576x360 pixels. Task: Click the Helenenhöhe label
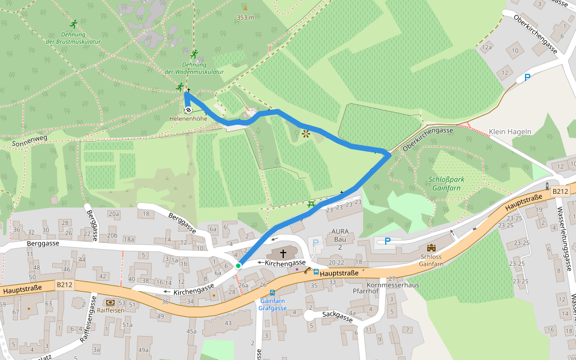pos(188,119)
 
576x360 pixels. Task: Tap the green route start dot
pos(238,265)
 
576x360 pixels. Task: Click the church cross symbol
pos(283,253)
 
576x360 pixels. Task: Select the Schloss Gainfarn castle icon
pos(431,247)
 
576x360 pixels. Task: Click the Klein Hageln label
pos(510,132)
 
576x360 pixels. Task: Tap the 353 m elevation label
pos(245,17)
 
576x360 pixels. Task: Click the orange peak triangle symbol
pos(245,8)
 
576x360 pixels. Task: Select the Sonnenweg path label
pos(29,142)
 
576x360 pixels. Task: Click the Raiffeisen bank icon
pos(110,302)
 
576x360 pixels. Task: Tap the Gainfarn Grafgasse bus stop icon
pos(272,293)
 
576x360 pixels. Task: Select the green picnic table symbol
pos(311,205)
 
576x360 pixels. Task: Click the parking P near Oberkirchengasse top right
pos(527,77)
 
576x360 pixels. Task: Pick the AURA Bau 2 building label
pos(340,239)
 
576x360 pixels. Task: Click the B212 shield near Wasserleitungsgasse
pos(560,191)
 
